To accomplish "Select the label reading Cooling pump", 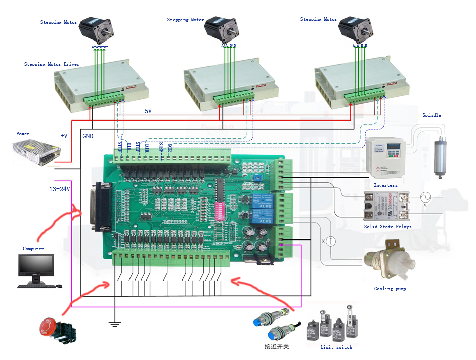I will coord(390,289).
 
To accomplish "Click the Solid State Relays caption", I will coord(387,227).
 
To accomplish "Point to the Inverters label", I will coord(385,185).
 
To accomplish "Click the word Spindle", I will coord(431,115).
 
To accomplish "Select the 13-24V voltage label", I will coord(59,189).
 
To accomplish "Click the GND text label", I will coord(88,136).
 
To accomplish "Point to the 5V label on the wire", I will coord(148,111).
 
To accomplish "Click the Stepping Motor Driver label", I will coord(52,64).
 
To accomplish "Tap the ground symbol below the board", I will coord(115,324).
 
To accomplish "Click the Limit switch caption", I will coord(336,347).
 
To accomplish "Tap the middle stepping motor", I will coord(221,30).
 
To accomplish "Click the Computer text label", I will coord(33,249).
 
